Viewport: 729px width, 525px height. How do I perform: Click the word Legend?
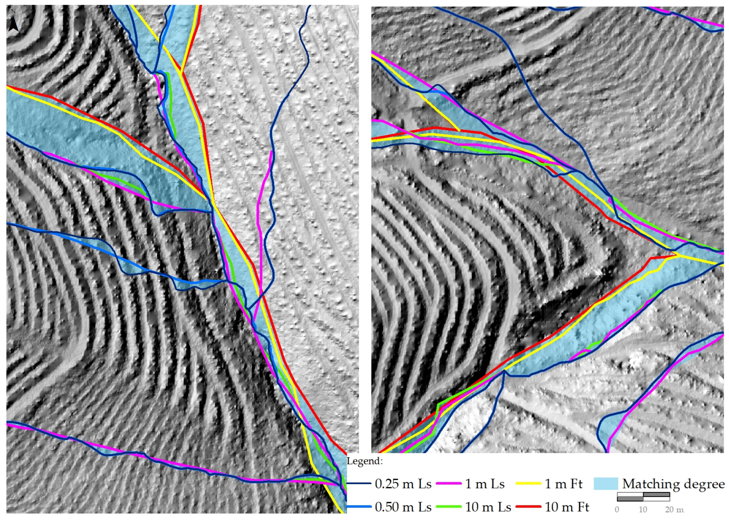(364, 461)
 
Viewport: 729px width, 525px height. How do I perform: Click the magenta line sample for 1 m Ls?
(448, 484)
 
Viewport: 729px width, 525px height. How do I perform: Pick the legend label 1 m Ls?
(485, 484)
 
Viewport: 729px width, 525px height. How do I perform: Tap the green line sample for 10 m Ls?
(448, 507)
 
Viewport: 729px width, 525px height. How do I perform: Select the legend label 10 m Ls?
(488, 507)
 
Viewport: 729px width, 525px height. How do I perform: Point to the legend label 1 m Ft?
(563, 484)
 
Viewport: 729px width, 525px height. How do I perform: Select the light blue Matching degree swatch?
(606, 484)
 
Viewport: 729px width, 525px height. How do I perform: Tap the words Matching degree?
(673, 484)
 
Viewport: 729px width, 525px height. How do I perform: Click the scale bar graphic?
(643, 497)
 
